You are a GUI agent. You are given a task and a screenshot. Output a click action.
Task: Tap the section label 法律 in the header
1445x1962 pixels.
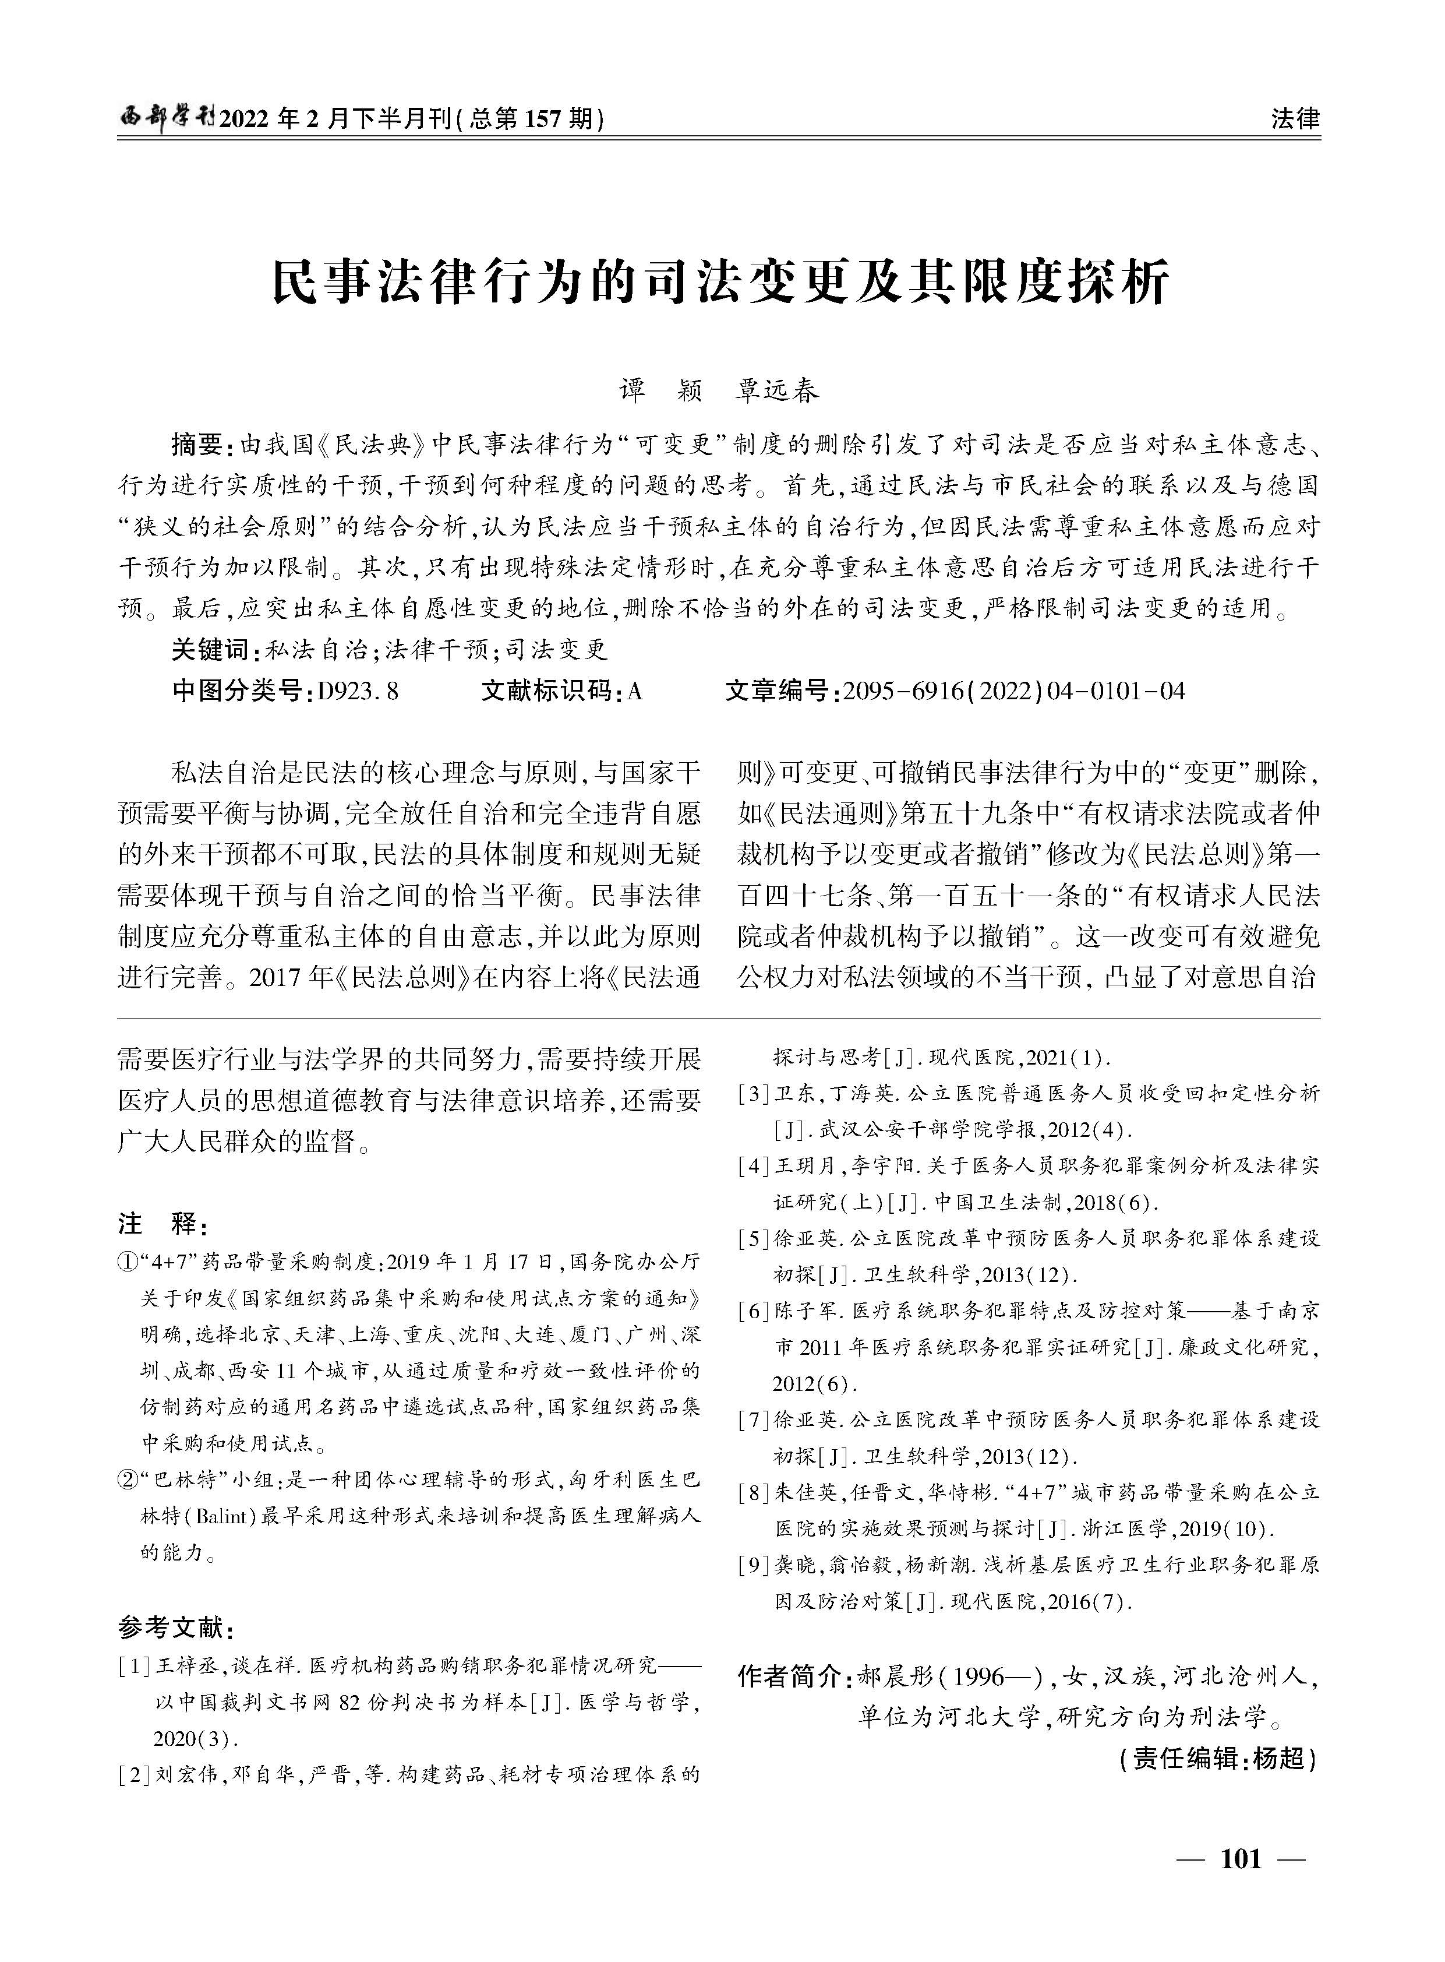[1295, 118]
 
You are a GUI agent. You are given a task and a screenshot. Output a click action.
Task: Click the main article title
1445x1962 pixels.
[722, 282]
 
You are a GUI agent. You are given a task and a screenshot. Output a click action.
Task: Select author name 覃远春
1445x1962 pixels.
[779, 391]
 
